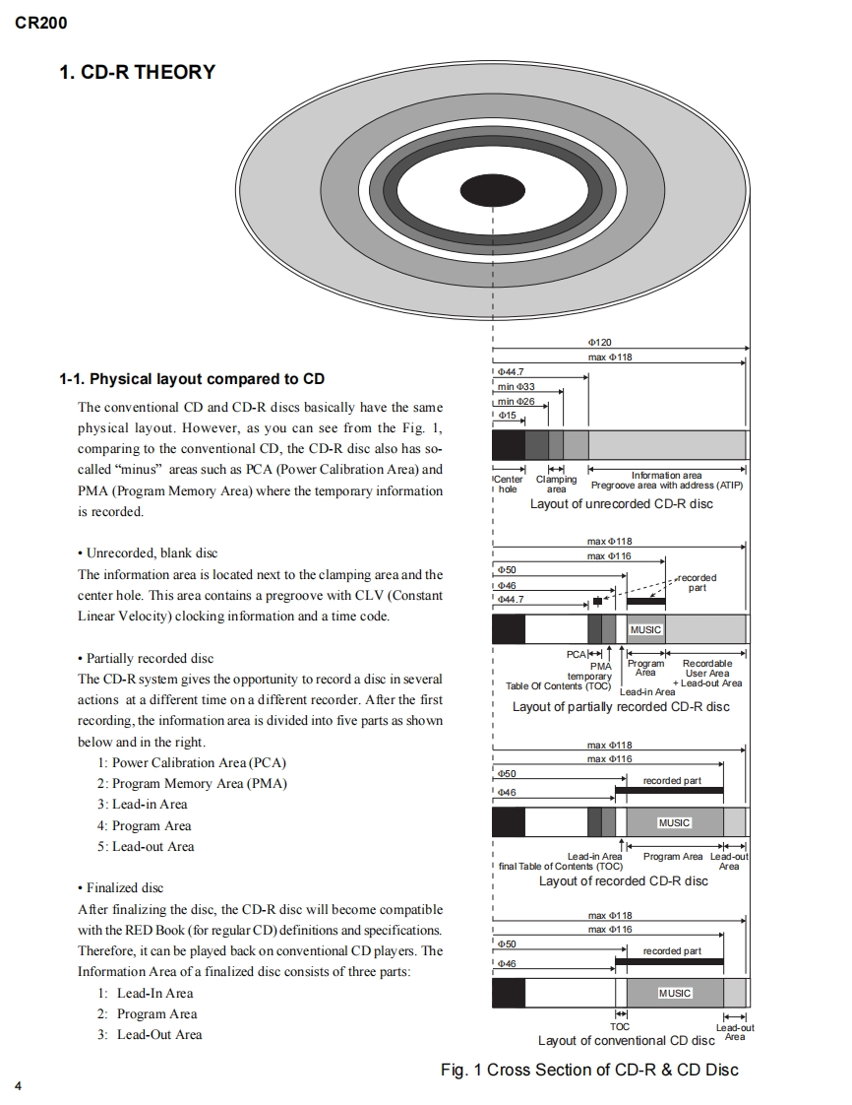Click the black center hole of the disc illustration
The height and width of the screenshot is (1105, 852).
(492, 190)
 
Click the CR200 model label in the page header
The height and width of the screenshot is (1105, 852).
(41, 23)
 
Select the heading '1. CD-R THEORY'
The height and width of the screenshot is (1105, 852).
(138, 72)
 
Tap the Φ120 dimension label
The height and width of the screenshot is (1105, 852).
(600, 342)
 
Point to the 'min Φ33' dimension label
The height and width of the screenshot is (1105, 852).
(517, 386)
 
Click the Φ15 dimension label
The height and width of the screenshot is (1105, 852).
(507, 415)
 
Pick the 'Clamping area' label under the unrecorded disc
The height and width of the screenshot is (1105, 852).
(556, 484)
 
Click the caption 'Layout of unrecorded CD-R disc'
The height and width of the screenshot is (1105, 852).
(621, 504)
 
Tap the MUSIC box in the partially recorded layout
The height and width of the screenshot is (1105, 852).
(645, 629)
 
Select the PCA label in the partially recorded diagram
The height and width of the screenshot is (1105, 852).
(576, 654)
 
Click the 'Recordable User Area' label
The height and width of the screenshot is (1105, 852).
(707, 668)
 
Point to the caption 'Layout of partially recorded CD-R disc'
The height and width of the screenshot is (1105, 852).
(621, 706)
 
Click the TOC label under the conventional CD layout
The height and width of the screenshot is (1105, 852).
(620, 1027)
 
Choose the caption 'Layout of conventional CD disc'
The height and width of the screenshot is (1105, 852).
(626, 1040)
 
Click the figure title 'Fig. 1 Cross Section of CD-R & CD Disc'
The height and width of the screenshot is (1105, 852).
(589, 1070)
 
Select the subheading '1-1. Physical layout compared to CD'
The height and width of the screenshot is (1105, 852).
(192, 379)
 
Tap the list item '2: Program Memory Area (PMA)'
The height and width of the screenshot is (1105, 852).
(192, 784)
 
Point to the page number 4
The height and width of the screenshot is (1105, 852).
(19, 1086)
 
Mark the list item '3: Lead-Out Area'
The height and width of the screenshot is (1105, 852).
(150, 1034)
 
